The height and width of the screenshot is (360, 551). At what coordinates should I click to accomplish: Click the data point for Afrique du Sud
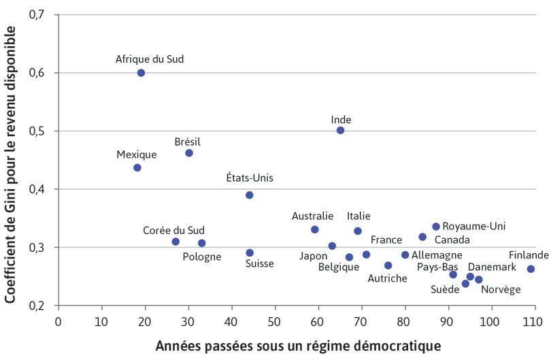141,73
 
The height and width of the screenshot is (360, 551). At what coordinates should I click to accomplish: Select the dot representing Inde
340,130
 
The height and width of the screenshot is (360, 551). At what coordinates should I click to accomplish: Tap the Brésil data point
189,153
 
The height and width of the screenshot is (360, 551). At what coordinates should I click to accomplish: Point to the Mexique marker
137,167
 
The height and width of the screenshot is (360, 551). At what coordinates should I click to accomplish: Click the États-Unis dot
250,195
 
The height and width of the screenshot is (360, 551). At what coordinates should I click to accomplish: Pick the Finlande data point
531,269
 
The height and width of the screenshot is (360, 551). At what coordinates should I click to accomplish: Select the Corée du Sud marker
176,242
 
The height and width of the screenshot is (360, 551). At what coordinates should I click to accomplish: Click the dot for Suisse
250,252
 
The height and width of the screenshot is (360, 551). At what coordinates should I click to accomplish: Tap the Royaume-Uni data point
436,227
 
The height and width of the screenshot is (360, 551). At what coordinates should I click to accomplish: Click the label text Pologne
202,257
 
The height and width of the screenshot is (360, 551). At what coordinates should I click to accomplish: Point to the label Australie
312,216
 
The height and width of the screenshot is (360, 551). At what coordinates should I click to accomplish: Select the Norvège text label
501,289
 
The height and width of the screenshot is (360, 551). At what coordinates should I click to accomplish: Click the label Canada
452,240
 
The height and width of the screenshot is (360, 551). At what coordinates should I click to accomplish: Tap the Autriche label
388,278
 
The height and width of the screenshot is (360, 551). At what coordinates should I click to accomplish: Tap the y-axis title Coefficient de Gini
12,160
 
